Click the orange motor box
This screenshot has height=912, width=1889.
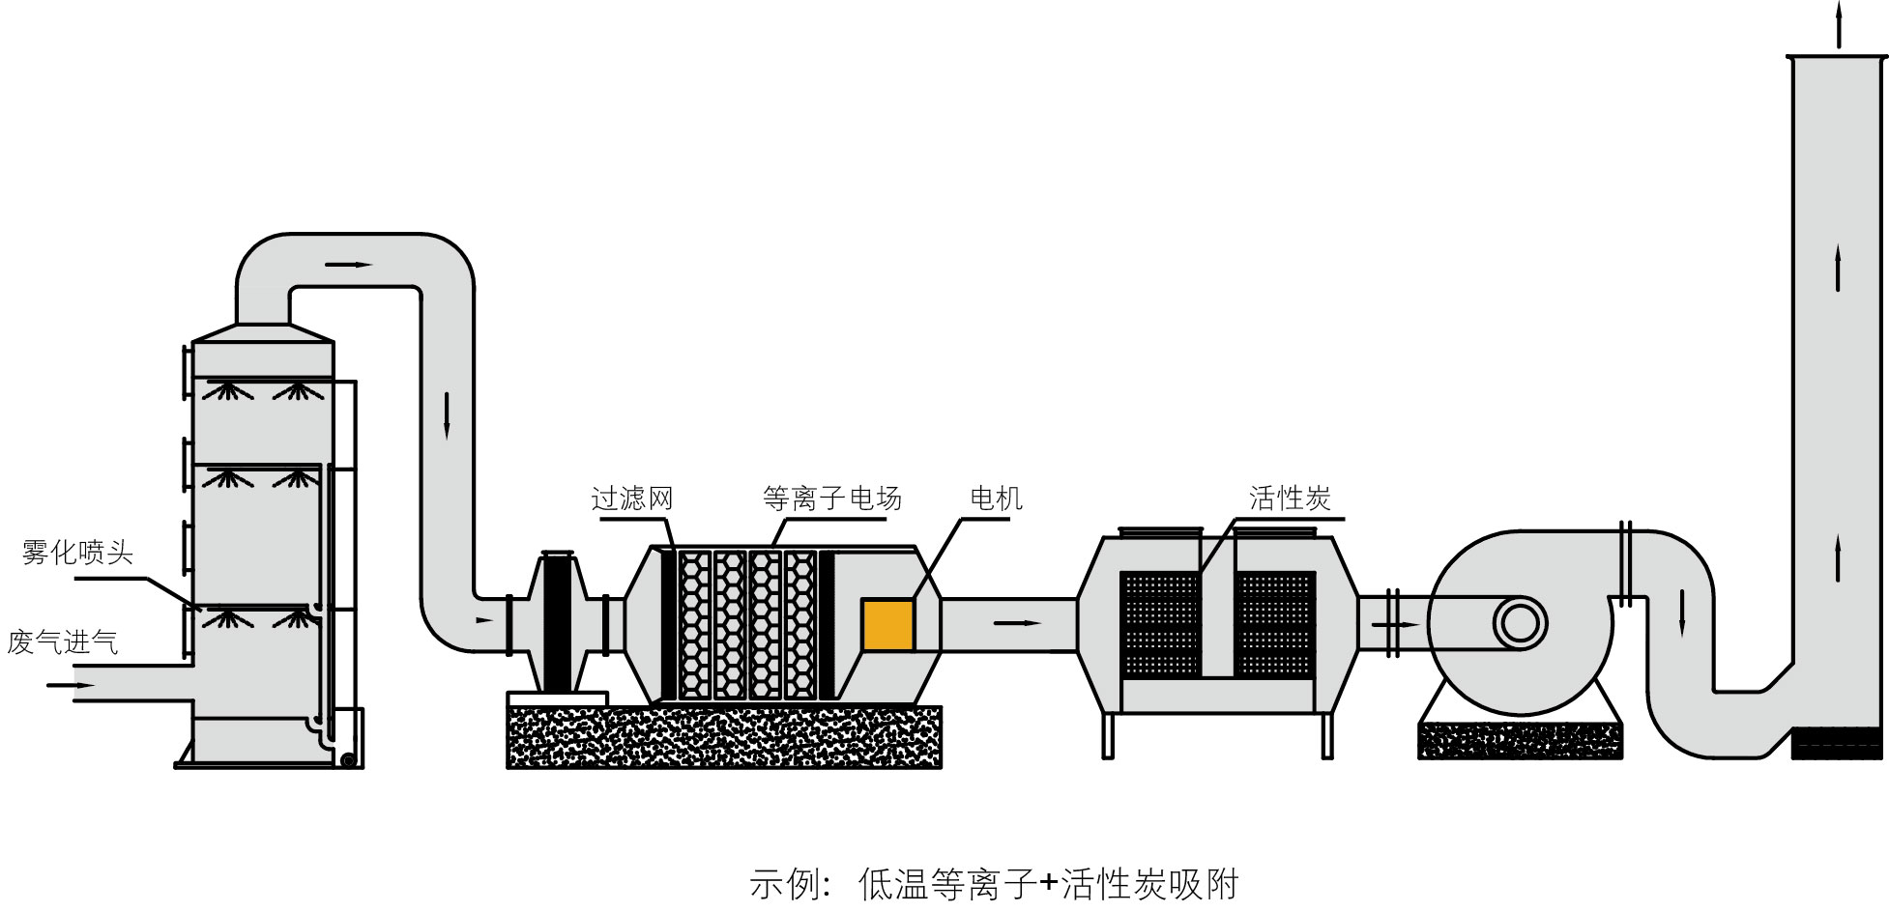(887, 624)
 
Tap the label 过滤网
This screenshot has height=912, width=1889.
(632, 499)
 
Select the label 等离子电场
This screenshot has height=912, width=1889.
(832, 499)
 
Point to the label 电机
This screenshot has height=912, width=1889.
(996, 499)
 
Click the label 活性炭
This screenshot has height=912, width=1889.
(1290, 499)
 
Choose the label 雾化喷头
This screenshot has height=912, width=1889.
(77, 554)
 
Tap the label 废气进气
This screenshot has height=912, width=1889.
(63, 642)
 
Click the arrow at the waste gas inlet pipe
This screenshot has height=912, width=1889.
(71, 685)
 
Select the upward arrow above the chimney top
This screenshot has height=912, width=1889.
(1839, 24)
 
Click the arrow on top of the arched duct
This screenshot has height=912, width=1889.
(349, 264)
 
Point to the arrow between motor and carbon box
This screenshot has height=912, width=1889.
(1017, 623)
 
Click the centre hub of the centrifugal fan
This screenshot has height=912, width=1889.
(1519, 623)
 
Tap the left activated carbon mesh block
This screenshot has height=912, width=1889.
(1159, 624)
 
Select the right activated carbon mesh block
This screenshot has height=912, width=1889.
(1275, 624)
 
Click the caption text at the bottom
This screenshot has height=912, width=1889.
(994, 884)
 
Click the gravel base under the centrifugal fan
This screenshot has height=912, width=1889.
(1520, 740)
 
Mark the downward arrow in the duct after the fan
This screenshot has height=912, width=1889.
(1682, 613)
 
